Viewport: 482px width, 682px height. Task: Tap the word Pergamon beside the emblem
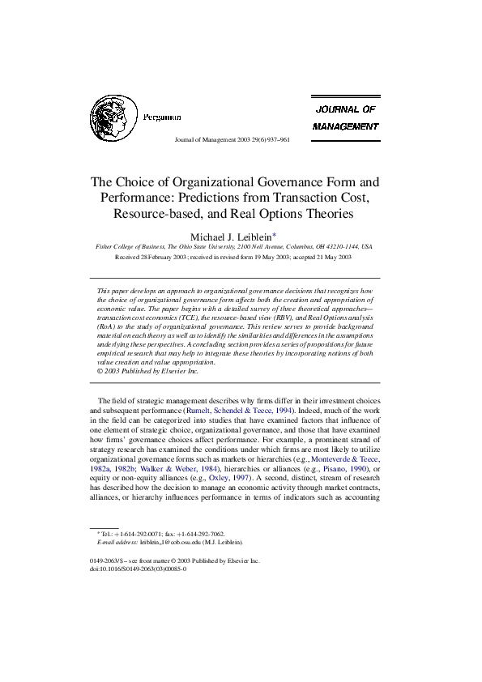(x=161, y=117)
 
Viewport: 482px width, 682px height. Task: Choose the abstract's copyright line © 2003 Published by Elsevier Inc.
(x=147, y=371)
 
